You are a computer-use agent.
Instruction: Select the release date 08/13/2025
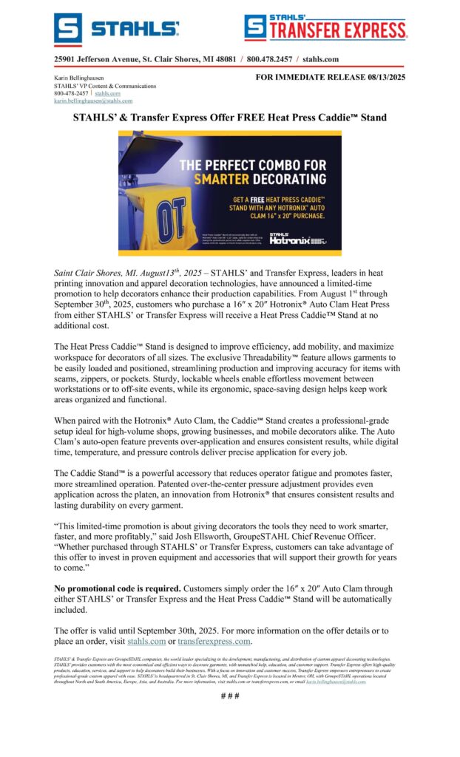click(x=383, y=76)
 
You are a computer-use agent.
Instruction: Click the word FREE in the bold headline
click(x=234, y=118)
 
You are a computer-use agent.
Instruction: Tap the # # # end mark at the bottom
click(x=230, y=696)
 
